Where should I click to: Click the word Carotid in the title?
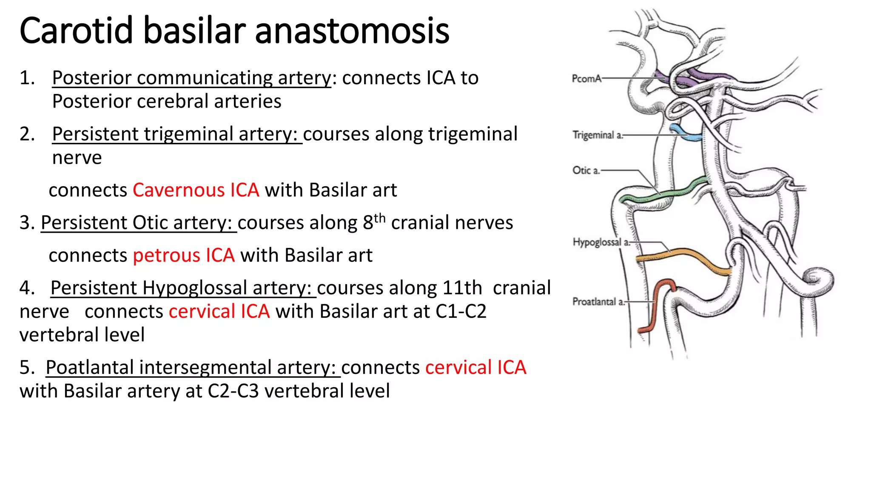click(x=77, y=31)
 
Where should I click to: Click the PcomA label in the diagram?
click(x=586, y=79)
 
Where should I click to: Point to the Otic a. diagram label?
click(x=586, y=171)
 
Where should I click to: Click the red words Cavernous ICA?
click(x=196, y=190)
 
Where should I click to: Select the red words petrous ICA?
click(x=184, y=256)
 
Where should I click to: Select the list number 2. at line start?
click(x=27, y=134)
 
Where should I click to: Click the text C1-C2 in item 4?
click(x=461, y=312)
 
